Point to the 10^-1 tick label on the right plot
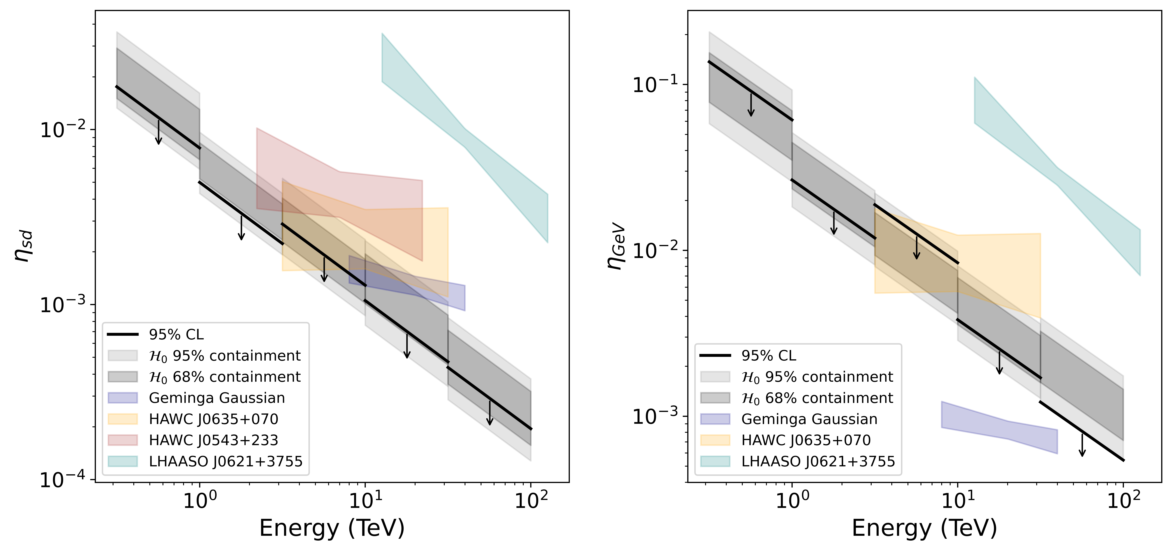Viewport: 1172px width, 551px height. point(655,85)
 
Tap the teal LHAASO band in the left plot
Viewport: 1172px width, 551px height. point(464,136)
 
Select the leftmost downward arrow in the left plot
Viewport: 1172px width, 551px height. point(158,132)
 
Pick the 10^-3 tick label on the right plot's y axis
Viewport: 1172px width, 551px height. point(655,416)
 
